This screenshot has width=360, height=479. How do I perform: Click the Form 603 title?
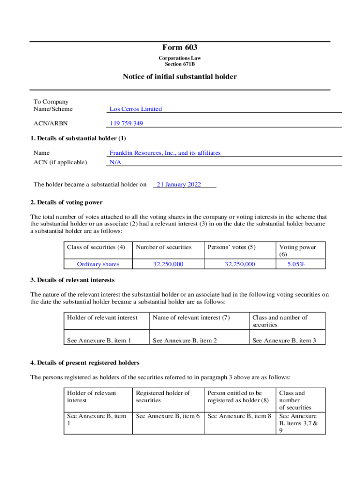click(x=180, y=47)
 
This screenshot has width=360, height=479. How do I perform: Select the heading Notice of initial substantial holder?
click(x=180, y=77)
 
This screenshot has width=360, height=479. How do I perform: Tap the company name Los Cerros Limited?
click(x=136, y=109)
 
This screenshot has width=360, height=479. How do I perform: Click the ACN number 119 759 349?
click(x=126, y=123)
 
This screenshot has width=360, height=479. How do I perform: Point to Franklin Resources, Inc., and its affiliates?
click(x=165, y=153)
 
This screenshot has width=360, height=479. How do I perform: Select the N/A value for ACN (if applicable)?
click(x=115, y=162)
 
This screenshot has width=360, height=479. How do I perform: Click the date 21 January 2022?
click(x=179, y=184)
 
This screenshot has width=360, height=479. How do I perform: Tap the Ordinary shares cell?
click(x=98, y=264)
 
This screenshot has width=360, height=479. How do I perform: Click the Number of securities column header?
click(x=164, y=247)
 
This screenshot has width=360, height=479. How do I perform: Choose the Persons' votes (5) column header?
click(x=231, y=247)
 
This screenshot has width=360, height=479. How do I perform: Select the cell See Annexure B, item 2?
click(x=185, y=341)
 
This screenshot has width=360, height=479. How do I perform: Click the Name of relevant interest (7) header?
click(x=191, y=318)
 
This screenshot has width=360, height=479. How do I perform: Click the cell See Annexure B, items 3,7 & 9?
click(x=298, y=423)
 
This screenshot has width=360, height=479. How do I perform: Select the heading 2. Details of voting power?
click(x=66, y=203)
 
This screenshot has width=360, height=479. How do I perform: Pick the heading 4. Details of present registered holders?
click(x=85, y=363)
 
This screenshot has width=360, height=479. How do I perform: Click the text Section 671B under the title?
click(x=180, y=64)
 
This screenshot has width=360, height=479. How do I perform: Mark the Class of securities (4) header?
click(x=96, y=247)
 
